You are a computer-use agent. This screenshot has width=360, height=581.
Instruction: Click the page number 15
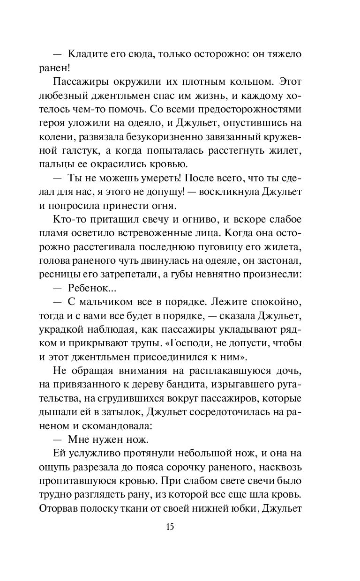point(170,526)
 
